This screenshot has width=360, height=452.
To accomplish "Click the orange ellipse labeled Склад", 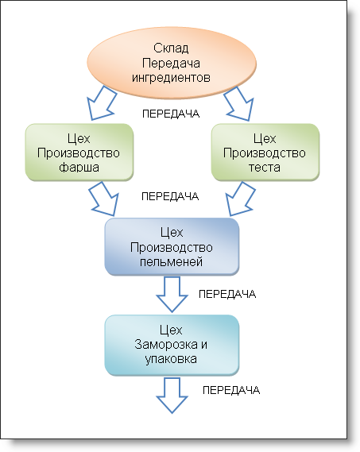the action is (x=172, y=63).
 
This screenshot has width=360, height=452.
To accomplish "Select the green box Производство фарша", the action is (x=79, y=153).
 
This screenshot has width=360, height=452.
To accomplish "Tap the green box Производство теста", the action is (x=265, y=153).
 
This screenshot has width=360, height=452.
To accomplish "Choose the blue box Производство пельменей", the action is (x=172, y=246).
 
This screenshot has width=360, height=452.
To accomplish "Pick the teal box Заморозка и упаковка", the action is (x=172, y=345).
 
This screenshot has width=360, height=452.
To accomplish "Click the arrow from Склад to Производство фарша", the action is (x=102, y=103).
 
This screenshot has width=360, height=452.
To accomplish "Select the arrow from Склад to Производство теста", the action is (x=239, y=104).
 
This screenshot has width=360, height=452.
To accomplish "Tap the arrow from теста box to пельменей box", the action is (x=240, y=199).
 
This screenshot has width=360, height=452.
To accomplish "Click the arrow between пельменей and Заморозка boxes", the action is (x=172, y=294).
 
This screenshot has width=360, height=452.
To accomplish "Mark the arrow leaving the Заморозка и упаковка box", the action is (x=172, y=396).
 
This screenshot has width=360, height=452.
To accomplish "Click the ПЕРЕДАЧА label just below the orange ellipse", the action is (x=171, y=114).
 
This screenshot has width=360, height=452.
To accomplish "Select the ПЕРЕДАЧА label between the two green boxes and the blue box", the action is (x=170, y=196).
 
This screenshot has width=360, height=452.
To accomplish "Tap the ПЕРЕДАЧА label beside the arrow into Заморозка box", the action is (x=227, y=294).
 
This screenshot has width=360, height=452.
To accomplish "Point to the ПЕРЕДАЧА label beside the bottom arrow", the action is (x=231, y=390).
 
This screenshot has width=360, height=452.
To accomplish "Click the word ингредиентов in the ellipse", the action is (x=171, y=78).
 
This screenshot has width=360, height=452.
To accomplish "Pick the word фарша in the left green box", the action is (x=79, y=168).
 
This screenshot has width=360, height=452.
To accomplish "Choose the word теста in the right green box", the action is (x=265, y=167).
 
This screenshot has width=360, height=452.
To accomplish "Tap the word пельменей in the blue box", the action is (x=171, y=261).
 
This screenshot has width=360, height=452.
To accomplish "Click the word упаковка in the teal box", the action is (x=171, y=359).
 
